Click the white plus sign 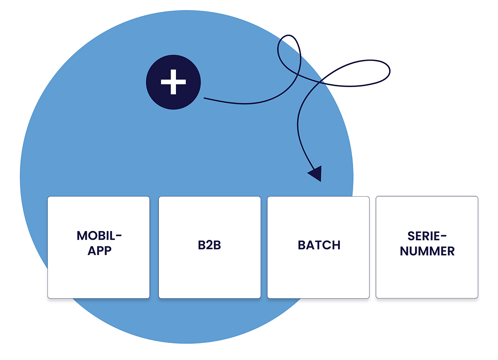(173, 82)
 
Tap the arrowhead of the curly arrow (316, 174)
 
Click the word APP (99, 251)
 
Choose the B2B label (210, 245)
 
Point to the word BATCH (319, 245)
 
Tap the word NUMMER (427, 251)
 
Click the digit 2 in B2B (210, 245)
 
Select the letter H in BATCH (336, 245)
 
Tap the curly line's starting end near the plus (205, 99)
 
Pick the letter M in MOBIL (82, 236)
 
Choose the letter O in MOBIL (93, 236)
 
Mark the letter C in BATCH (326, 245)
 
